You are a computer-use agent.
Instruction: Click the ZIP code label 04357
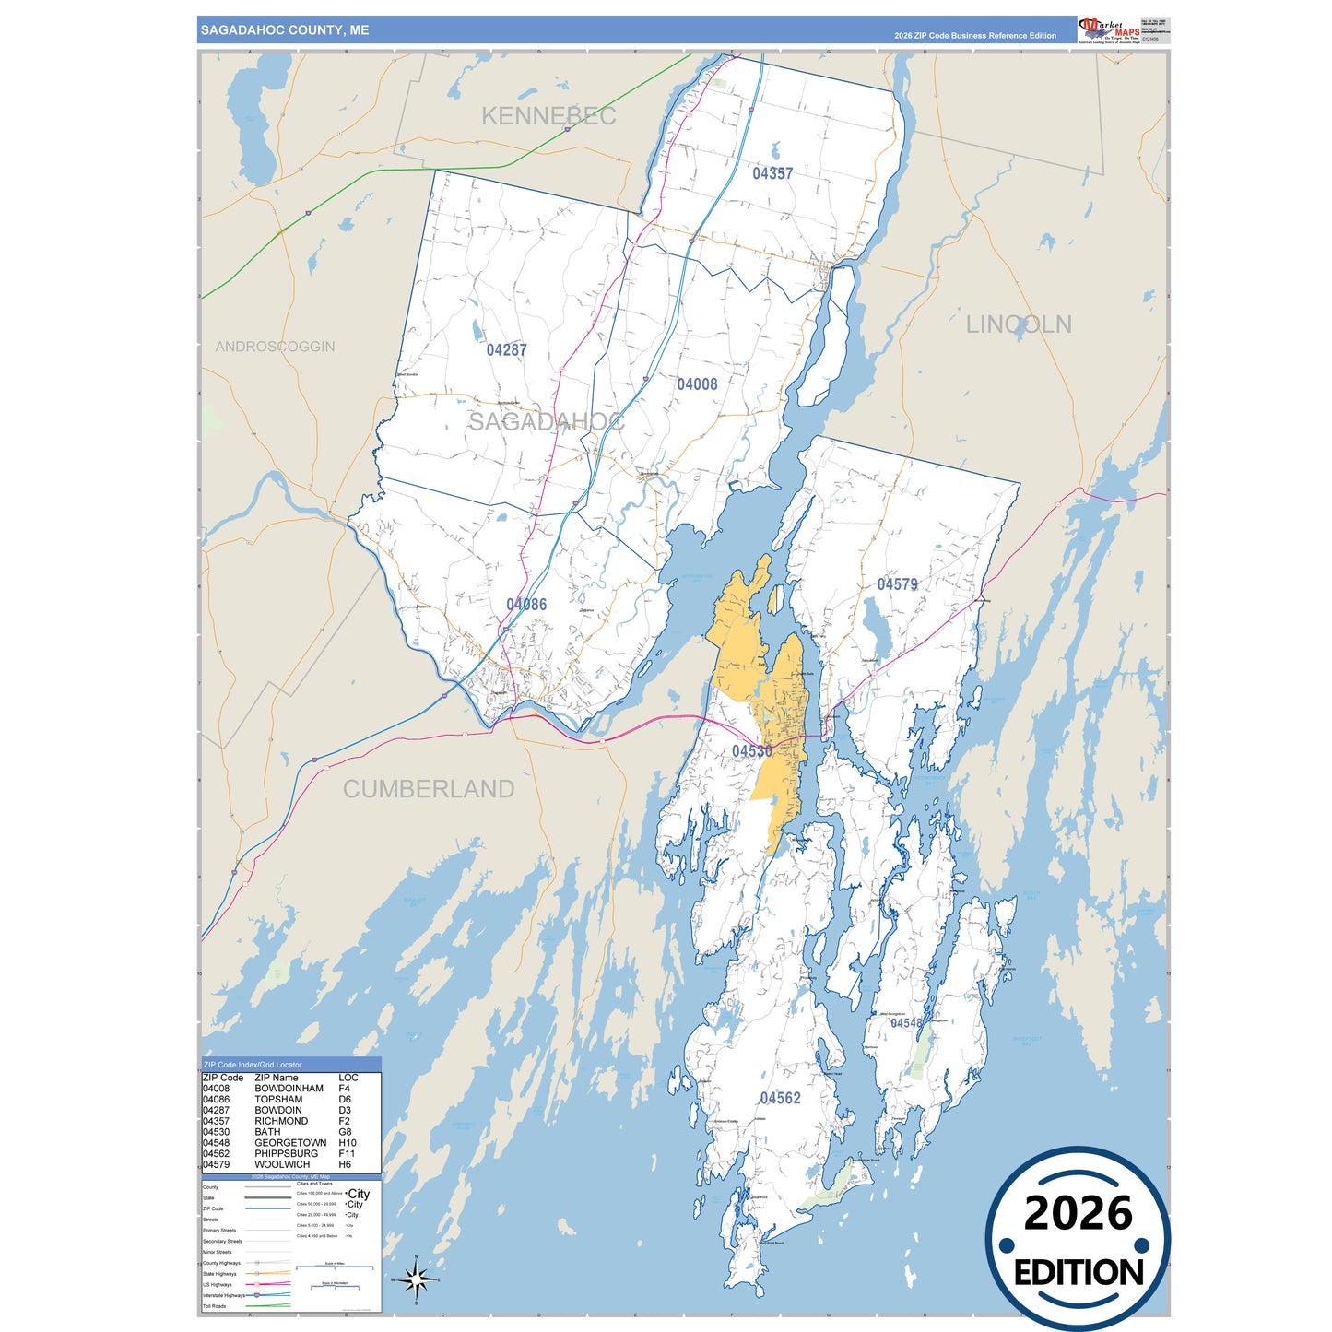tap(772, 173)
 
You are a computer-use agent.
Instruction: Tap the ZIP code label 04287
tap(507, 350)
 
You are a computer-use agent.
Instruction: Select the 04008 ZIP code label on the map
tap(697, 384)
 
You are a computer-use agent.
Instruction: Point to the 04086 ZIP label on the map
tap(526, 605)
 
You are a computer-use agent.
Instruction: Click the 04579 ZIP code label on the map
tap(897, 584)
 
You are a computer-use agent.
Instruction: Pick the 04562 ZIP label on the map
tap(780, 1098)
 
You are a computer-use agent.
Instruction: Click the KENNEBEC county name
tap(548, 116)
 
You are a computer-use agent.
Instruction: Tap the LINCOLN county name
tap(1019, 324)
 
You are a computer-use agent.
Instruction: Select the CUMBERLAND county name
tap(429, 789)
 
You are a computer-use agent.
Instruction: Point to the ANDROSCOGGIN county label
tap(275, 347)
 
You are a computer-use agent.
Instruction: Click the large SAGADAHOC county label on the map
tap(546, 422)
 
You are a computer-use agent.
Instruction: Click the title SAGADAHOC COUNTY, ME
tap(285, 30)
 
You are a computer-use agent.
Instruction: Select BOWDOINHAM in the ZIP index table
tap(289, 1089)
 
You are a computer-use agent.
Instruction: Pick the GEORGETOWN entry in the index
tap(290, 1143)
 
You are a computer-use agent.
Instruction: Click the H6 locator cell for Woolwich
tap(345, 1164)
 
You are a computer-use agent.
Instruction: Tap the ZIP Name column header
tap(277, 1078)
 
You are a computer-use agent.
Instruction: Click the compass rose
tap(416, 1279)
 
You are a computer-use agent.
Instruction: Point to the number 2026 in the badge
tap(1078, 1213)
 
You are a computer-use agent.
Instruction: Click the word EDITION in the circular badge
tap(1079, 1273)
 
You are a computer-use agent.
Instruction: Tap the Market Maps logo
tap(1109, 29)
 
